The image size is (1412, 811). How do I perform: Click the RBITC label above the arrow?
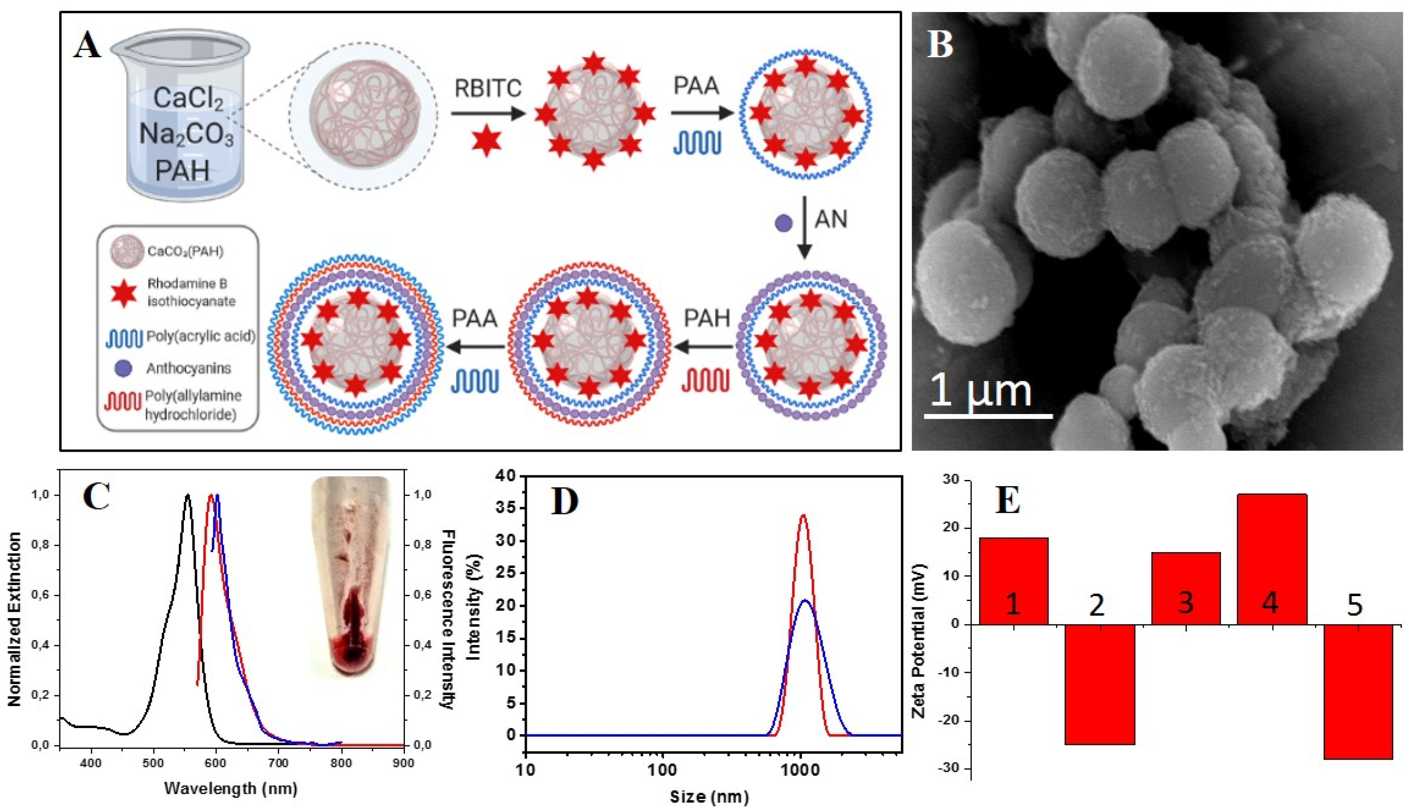(488, 88)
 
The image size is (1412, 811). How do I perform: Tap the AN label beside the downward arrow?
(831, 219)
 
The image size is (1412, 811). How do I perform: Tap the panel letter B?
(940, 44)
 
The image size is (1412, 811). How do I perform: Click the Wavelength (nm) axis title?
(231, 788)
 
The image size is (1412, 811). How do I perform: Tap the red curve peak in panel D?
(803, 515)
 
